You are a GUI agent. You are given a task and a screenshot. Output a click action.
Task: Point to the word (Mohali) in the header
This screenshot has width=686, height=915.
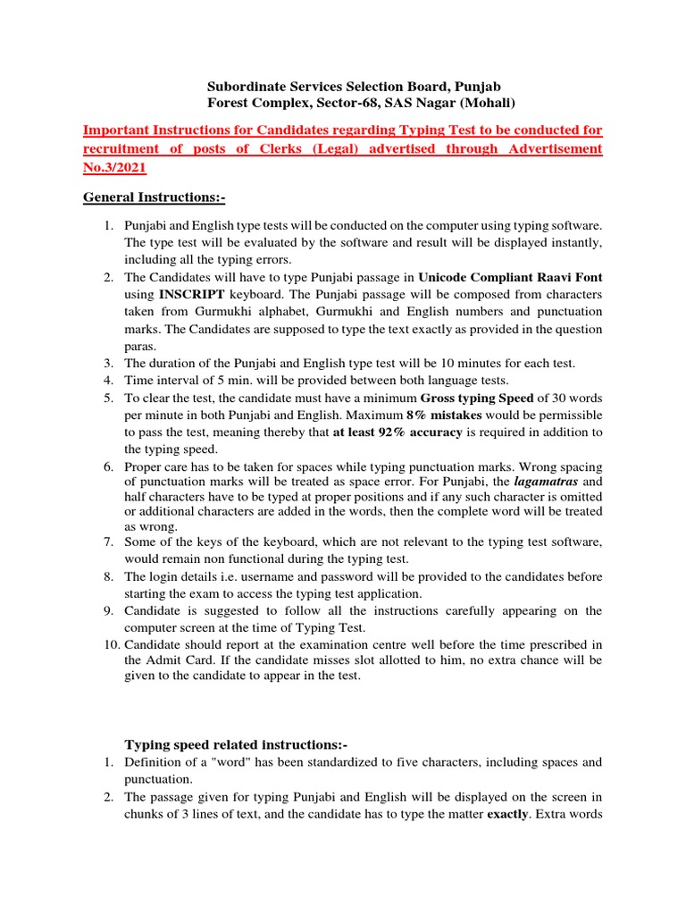pyautogui.click(x=484, y=103)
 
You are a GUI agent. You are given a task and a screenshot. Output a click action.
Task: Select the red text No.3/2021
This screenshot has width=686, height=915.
pyautogui.click(x=114, y=166)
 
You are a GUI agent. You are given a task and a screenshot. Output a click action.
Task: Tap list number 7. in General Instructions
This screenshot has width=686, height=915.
pyautogui.click(x=108, y=542)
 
